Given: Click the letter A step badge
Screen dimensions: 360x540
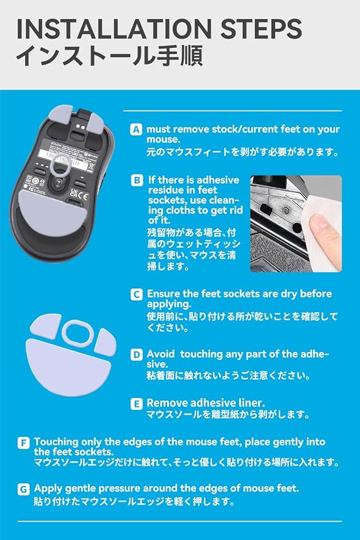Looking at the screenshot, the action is [136, 130].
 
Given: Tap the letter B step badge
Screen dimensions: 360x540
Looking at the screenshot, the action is [137, 181].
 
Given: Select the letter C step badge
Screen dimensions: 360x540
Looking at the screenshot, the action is [136, 294].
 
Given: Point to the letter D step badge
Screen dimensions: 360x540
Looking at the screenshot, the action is [136, 354].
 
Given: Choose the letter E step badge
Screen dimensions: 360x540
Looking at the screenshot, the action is [136, 404].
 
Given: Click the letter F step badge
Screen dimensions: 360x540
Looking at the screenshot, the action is [23, 442].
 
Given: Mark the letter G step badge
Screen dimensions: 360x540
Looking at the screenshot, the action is [23, 489].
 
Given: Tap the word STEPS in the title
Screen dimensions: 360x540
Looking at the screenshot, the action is [261, 29].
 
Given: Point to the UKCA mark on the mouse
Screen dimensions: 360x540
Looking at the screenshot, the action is [79, 194].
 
